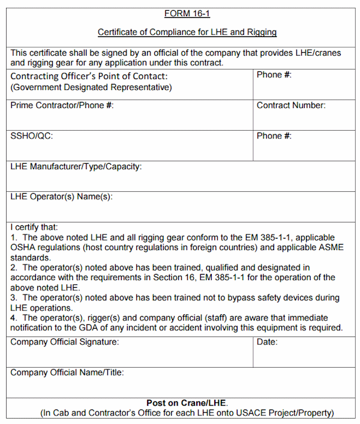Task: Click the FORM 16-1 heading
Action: pos(187,13)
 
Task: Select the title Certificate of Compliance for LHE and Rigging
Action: pos(187,32)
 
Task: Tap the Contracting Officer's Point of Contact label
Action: pos(89,76)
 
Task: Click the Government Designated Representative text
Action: pos(91,87)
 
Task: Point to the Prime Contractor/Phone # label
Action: pos(62,106)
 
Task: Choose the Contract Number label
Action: pos(291,106)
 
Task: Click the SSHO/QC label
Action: pos(31,136)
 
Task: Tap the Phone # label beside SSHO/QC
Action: pos(274,136)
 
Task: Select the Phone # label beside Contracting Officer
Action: pos(274,76)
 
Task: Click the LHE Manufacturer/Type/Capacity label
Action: pos(76,166)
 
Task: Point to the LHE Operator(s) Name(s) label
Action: pos(61,196)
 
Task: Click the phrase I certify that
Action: pos(34,227)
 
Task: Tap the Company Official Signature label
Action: pos(64,342)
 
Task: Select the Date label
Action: pos(267,342)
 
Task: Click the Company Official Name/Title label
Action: pos(67,372)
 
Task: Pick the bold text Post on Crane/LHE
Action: pos(187,403)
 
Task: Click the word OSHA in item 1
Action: pos(23,248)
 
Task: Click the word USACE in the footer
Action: pos(253,413)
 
